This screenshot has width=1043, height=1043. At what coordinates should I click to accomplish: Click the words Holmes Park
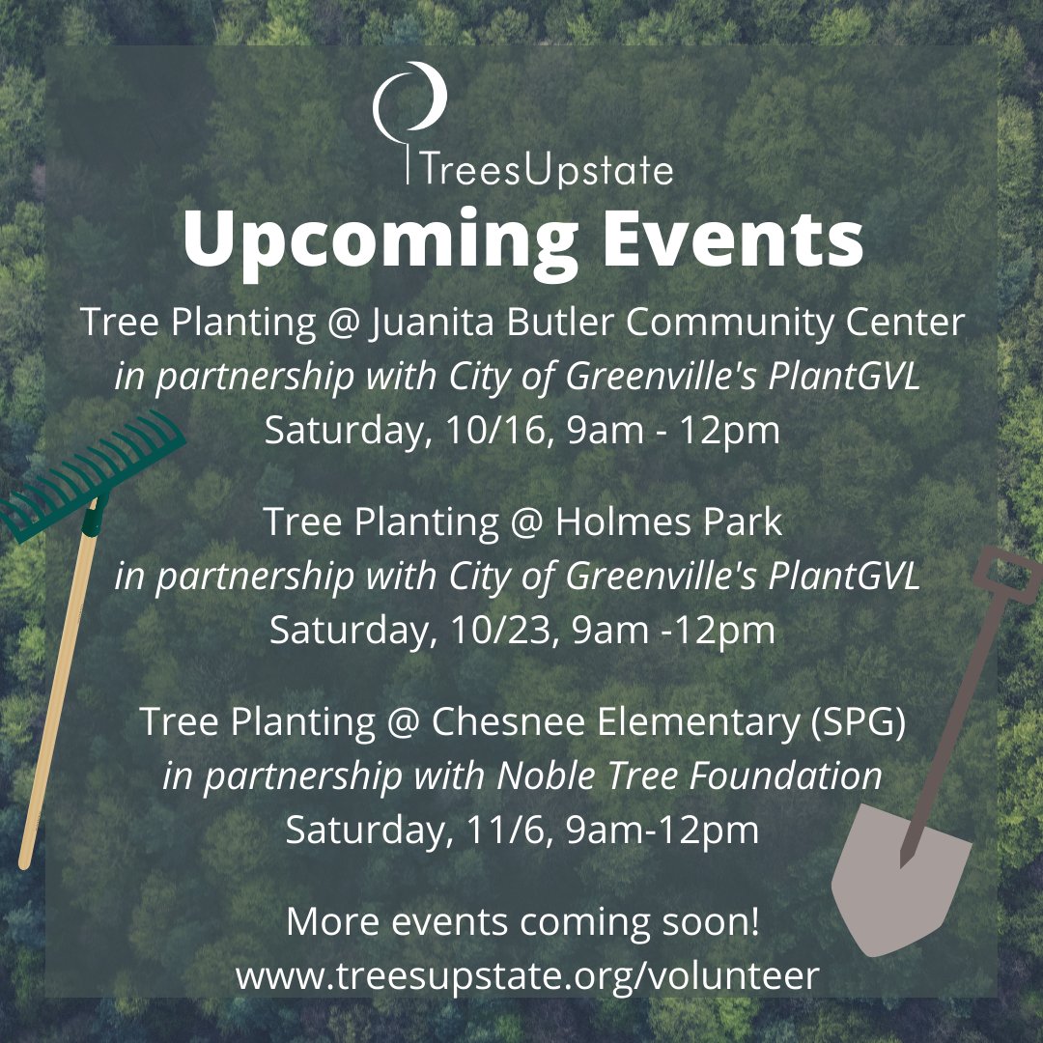(668, 522)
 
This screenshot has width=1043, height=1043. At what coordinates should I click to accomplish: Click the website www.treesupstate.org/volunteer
(526, 975)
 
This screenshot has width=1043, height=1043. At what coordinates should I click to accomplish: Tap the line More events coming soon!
(522, 921)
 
